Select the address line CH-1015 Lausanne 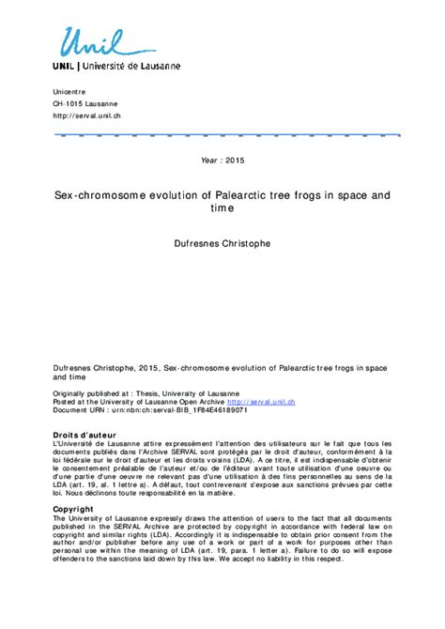click(85, 102)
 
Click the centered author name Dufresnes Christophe click(222, 244)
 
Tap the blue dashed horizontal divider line click(225, 136)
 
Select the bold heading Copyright click(73, 509)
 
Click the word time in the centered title click(222, 210)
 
